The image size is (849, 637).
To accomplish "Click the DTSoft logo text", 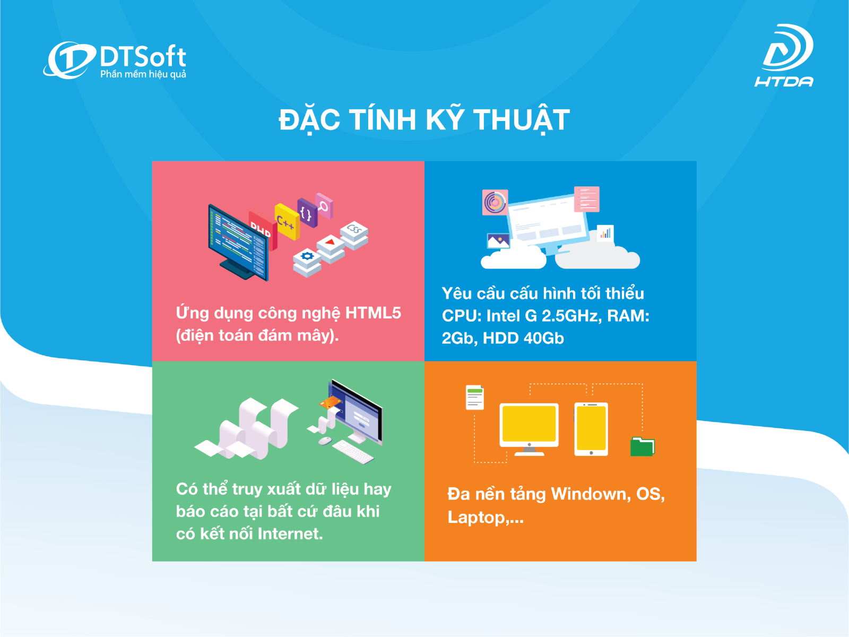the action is tap(143, 56).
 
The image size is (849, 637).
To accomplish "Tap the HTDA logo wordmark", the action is tap(784, 82).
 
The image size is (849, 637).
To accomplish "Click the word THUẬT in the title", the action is tap(522, 120).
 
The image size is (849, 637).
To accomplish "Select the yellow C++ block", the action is tap(287, 221).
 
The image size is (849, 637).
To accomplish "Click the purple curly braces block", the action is tap(307, 213).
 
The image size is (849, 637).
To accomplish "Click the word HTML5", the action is tap(373, 313).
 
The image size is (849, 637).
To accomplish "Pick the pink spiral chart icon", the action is tap(495, 202).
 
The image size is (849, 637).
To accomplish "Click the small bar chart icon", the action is tap(605, 233).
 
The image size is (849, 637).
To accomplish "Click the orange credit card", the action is tap(331, 402).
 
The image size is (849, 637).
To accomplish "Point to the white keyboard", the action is tap(353, 452).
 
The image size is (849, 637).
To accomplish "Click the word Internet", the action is tap(290, 534).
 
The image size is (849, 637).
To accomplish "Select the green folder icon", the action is tap(643, 447).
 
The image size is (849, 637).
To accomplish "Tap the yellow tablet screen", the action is tap(591, 428).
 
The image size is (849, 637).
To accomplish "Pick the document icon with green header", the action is tap(475, 397).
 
